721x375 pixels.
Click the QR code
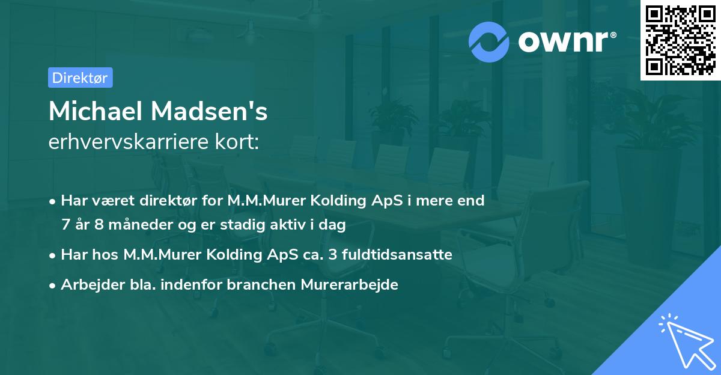pos(680,40)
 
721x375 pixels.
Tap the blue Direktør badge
pos(80,78)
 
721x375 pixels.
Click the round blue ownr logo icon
pos(489,41)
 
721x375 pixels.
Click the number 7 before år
pos(65,225)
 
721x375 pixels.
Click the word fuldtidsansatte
pos(400,255)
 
